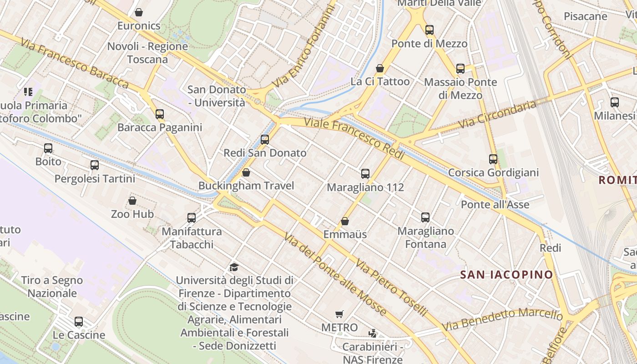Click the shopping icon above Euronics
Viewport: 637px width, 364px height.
click(x=139, y=12)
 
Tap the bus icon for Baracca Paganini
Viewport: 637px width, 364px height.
click(x=160, y=114)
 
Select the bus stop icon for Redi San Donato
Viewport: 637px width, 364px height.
click(x=265, y=140)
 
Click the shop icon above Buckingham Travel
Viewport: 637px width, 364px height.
click(x=246, y=172)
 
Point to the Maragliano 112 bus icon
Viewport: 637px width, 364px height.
click(x=365, y=173)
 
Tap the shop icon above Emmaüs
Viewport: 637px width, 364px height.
click(x=345, y=221)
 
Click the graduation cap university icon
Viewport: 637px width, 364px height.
click(x=234, y=267)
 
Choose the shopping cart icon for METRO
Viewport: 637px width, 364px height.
click(x=339, y=314)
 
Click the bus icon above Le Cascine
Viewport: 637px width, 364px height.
click(x=79, y=322)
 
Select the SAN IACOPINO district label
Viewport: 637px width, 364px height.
click(x=506, y=275)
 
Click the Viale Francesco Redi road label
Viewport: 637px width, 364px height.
click(x=354, y=138)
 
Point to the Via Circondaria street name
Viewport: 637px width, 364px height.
click(x=497, y=115)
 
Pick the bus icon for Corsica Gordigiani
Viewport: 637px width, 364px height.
click(x=493, y=159)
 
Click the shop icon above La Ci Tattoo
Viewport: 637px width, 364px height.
click(x=380, y=68)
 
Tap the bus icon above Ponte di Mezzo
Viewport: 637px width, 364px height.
click(x=430, y=30)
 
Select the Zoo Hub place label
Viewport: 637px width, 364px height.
click(x=132, y=214)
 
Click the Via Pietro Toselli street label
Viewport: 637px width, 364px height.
click(x=391, y=288)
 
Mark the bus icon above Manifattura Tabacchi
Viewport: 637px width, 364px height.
click(x=192, y=218)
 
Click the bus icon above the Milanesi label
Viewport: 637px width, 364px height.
click(x=615, y=102)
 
